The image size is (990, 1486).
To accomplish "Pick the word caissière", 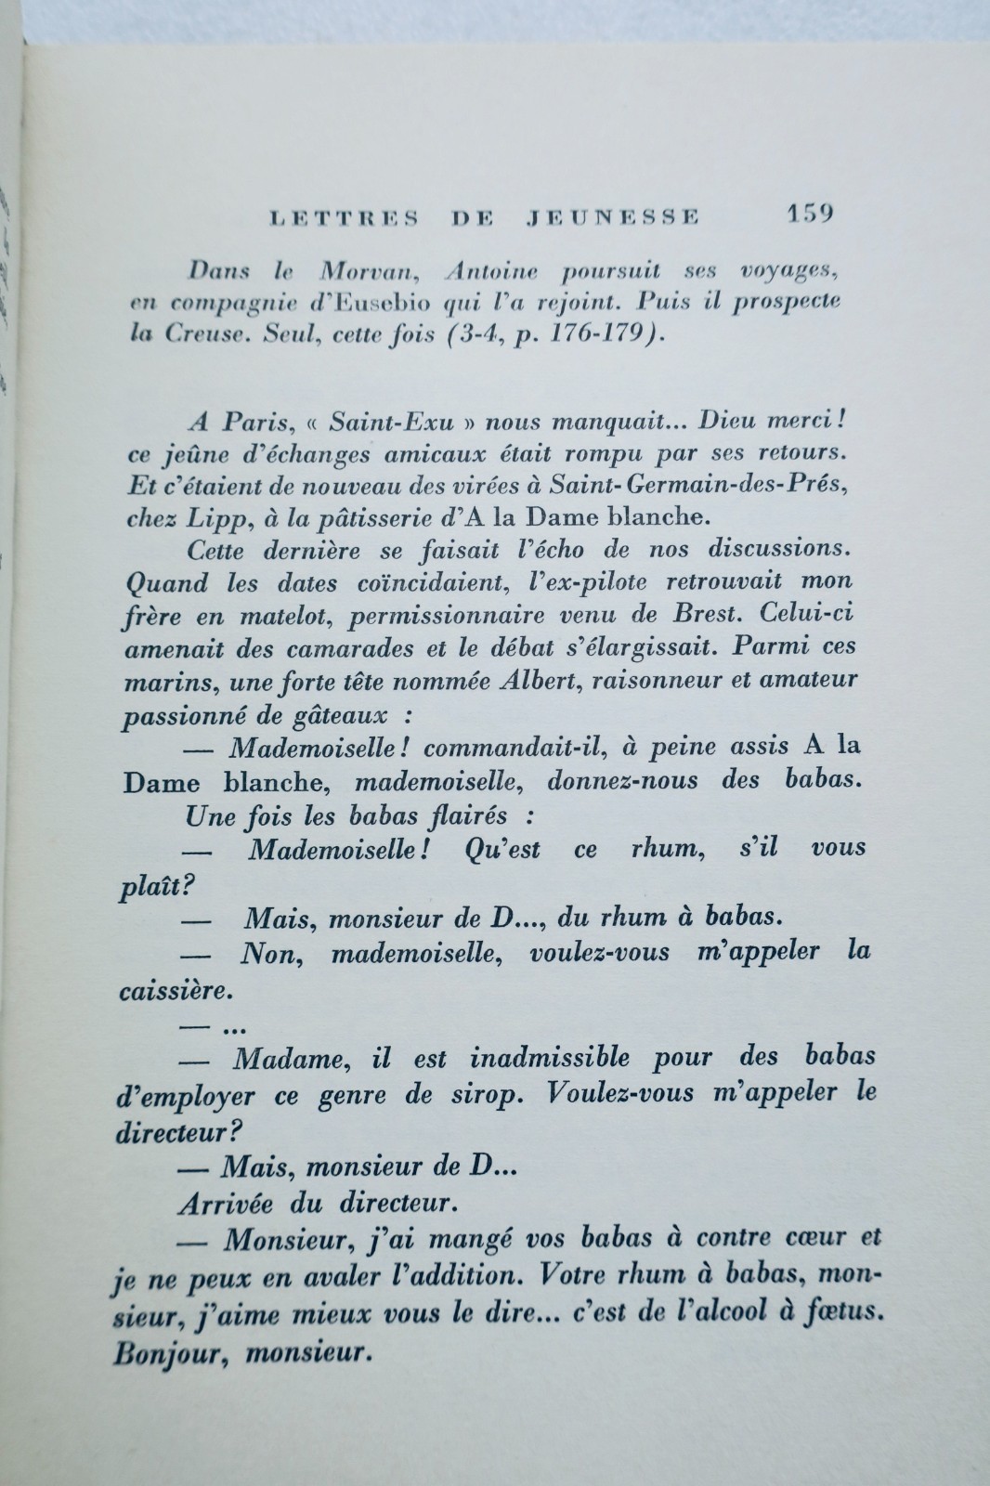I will pyautogui.click(x=173, y=991).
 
